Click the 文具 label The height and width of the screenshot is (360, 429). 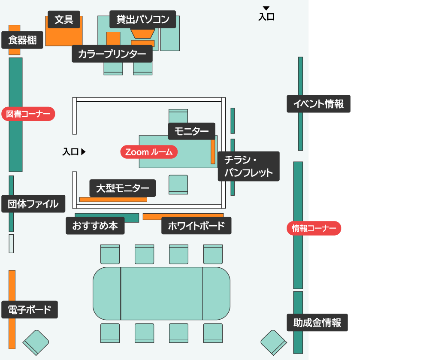(x=64, y=19)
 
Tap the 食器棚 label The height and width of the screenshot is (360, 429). (x=22, y=40)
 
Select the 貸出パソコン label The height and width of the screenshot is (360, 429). (x=143, y=19)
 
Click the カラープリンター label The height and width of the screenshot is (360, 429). (x=112, y=54)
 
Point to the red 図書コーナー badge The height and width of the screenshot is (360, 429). (x=28, y=114)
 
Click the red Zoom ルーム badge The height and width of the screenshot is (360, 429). (x=149, y=152)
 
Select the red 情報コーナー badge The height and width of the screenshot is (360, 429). (x=314, y=228)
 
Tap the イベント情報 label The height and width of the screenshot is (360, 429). (x=318, y=104)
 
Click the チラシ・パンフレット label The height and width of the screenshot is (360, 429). (x=248, y=166)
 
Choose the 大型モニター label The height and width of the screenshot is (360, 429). (x=123, y=188)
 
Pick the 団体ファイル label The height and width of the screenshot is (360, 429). (x=33, y=204)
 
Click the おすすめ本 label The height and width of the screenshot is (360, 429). (x=95, y=226)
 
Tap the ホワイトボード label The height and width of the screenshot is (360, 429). (x=196, y=226)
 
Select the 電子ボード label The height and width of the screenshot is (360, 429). (x=29, y=309)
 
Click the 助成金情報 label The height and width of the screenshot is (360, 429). (x=317, y=323)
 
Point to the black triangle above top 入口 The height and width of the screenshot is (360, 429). (x=266, y=8)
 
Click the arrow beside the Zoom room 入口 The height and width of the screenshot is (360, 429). (x=84, y=151)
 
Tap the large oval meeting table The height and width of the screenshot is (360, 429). (x=161, y=293)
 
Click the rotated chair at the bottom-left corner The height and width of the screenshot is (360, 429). (x=36, y=342)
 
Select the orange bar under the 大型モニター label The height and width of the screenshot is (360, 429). (x=113, y=200)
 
